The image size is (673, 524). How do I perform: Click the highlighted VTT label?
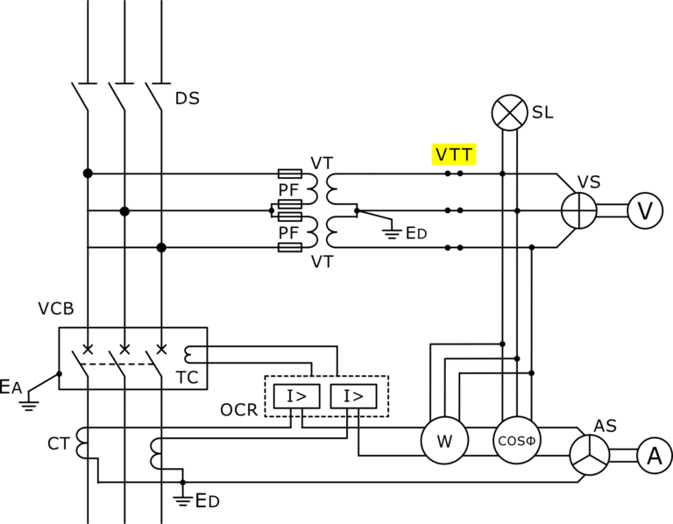point(454,155)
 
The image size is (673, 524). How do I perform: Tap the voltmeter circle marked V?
point(644,211)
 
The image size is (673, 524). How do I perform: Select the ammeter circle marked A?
point(653,455)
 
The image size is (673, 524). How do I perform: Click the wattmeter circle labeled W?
point(444,441)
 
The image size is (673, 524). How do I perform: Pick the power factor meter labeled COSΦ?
point(516,441)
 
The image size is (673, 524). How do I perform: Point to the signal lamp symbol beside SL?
point(507,112)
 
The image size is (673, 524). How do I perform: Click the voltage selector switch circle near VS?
point(578,211)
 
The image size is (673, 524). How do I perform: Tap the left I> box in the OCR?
point(297,397)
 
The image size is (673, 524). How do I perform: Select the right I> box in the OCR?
point(353,397)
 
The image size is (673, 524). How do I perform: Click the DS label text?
point(187,98)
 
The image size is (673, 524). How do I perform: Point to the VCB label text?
point(55,309)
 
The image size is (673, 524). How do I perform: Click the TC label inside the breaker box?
point(188,377)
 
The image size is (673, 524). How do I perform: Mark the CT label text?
point(58,444)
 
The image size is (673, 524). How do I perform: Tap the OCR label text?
point(239,410)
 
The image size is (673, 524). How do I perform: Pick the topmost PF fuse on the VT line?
point(289,173)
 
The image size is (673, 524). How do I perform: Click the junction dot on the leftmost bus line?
point(88,173)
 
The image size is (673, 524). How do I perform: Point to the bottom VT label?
point(322,261)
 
